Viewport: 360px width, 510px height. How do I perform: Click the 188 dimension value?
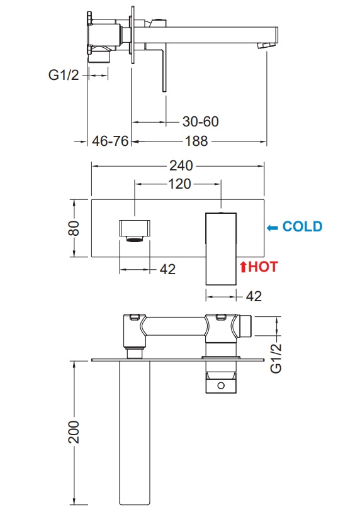(x=196, y=141)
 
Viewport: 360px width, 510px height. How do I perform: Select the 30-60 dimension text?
(x=201, y=121)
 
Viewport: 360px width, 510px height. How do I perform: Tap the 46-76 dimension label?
(x=110, y=141)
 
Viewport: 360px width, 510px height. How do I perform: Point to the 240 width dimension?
(x=181, y=166)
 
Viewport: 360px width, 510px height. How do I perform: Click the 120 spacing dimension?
(x=179, y=184)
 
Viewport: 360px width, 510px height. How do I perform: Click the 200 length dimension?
(x=74, y=431)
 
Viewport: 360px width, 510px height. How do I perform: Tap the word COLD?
(x=302, y=226)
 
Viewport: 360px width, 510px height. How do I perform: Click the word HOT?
(x=263, y=267)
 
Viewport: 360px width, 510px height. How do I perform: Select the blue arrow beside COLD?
(x=273, y=228)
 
